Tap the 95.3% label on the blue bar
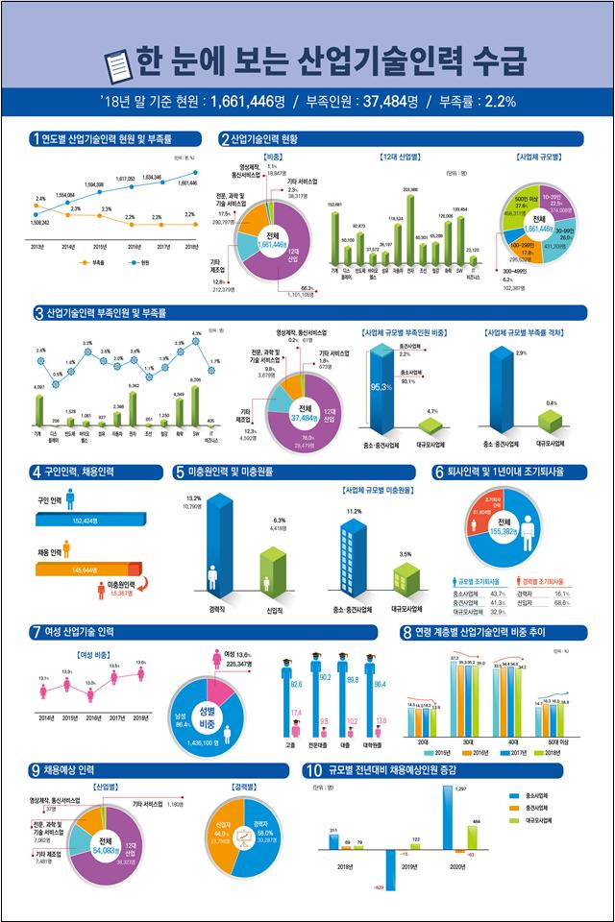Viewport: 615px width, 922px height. point(380,387)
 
